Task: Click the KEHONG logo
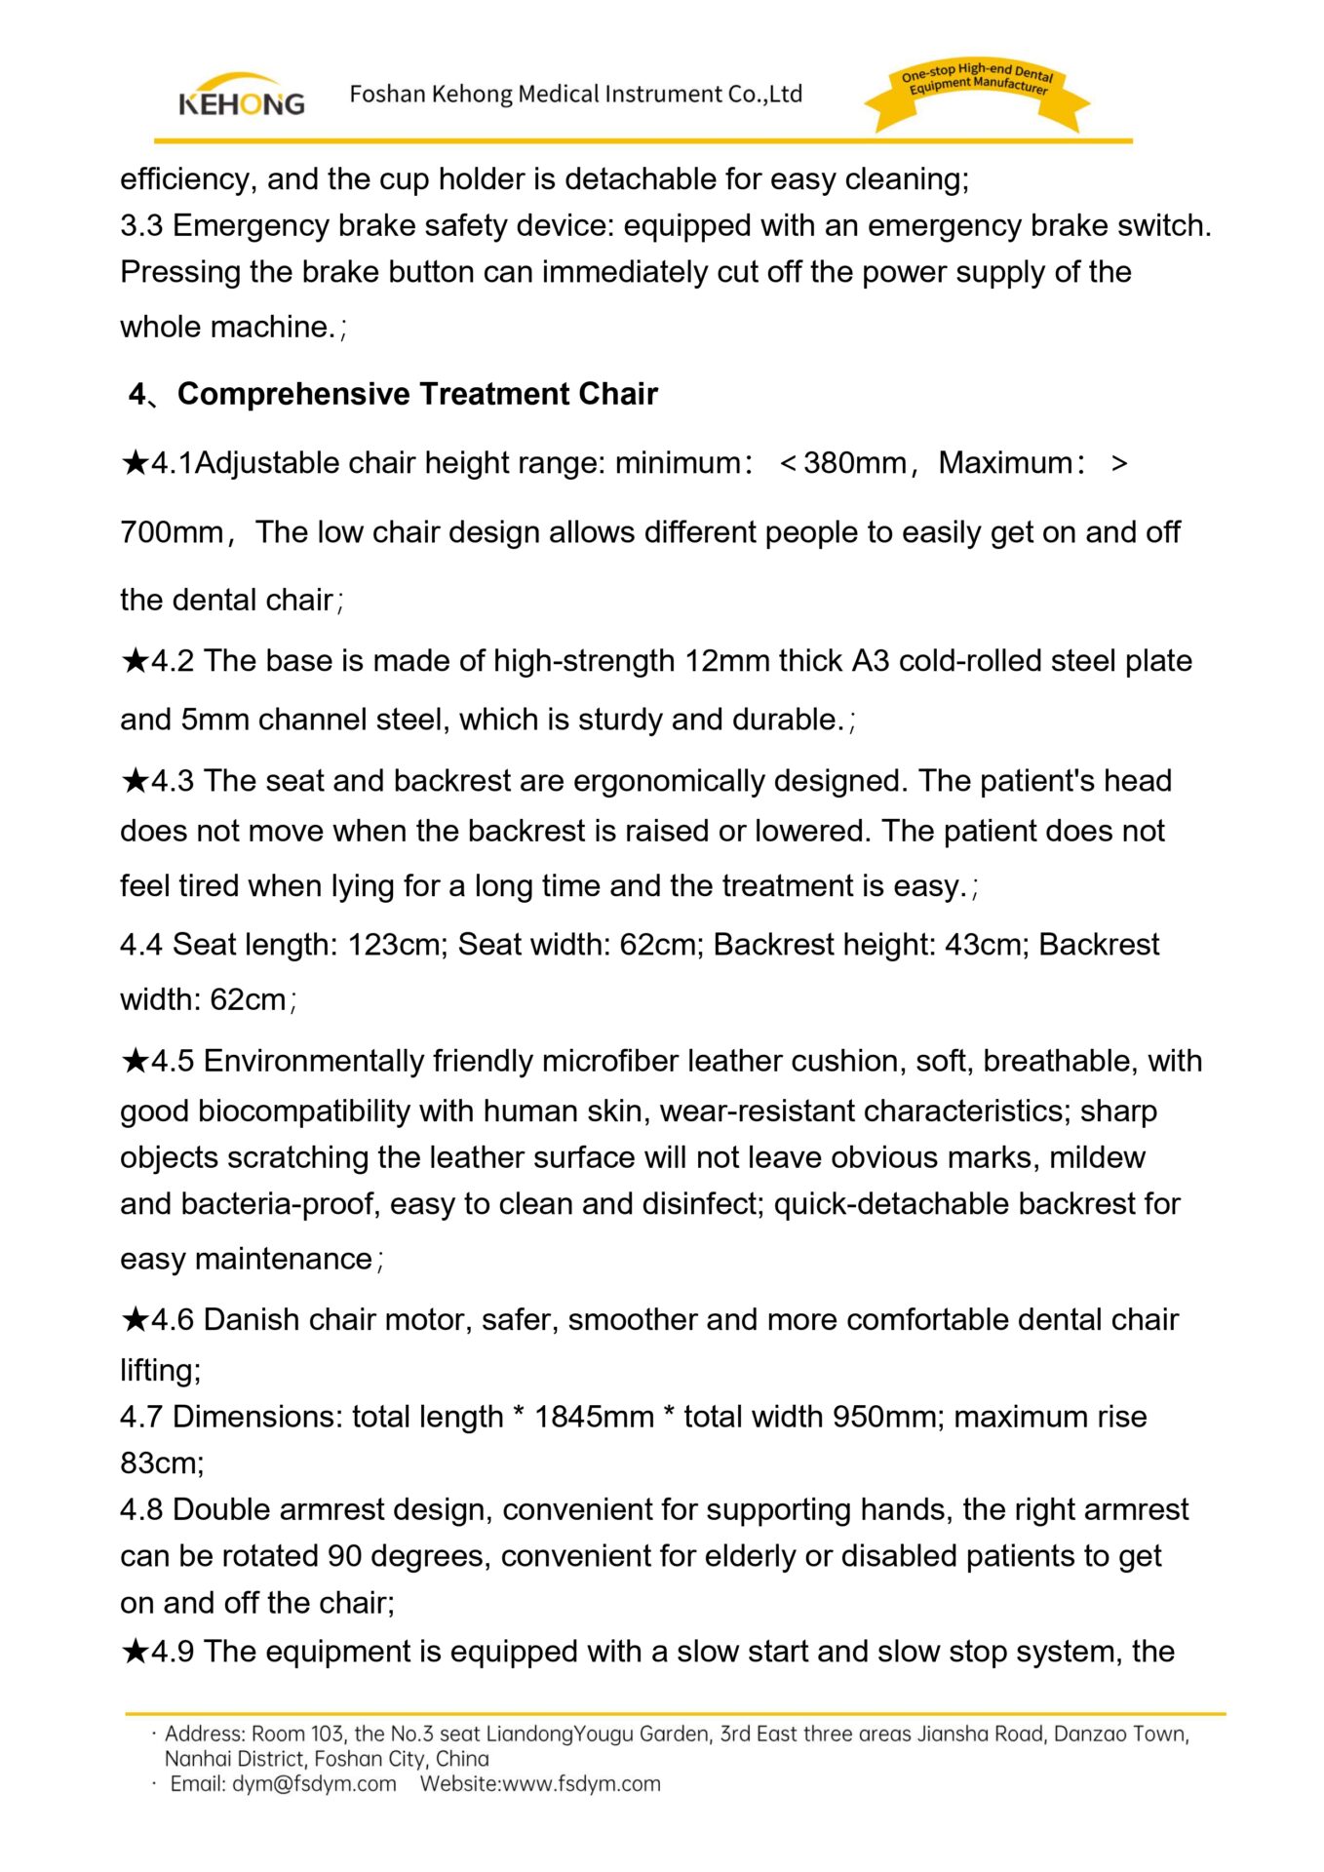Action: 241,96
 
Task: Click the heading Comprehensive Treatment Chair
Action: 417,394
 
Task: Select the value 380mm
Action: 855,463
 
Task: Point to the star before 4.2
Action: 135,661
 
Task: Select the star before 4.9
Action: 135,1652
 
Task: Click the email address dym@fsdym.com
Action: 314,1784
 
